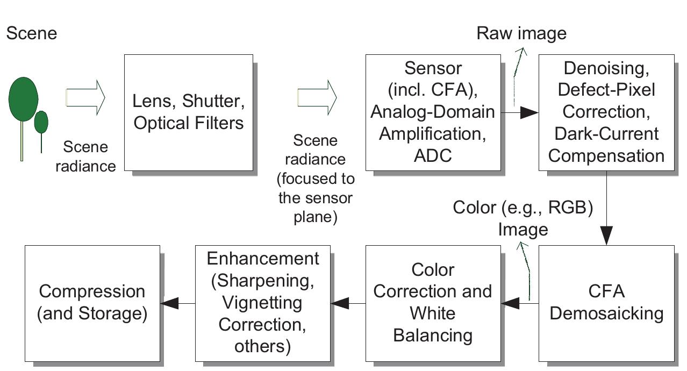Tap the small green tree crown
[41, 122]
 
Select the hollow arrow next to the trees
[85, 97]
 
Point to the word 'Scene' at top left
[31, 33]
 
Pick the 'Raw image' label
[521, 33]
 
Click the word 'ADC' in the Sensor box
[433, 155]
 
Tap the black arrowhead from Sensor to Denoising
[529, 112]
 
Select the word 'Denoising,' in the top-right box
[606, 68]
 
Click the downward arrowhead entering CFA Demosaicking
[607, 236]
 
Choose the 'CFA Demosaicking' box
[606, 303]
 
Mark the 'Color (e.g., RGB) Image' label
[523, 218]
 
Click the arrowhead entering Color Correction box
[510, 304]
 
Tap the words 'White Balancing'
[433, 324]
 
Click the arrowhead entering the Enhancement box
[340, 304]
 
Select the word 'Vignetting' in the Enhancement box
[263, 303]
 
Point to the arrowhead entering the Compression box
[169, 304]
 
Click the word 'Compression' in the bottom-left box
[92, 291]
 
